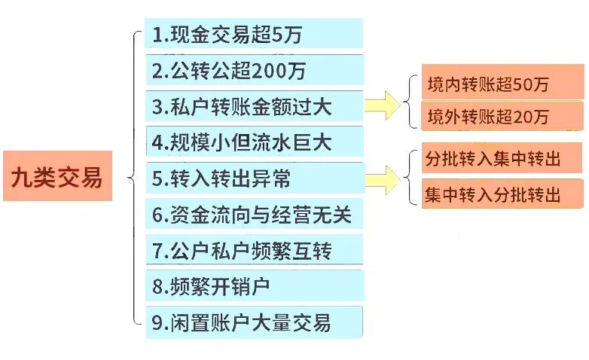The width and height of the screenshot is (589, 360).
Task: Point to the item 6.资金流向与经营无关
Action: pos(253,215)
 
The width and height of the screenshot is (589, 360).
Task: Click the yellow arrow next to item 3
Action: pos(383,105)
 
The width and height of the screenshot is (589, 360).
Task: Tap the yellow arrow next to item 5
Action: pos(383,178)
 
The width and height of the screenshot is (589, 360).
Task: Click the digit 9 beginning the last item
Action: pos(157,324)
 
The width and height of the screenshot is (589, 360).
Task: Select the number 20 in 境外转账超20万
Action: pos(524,118)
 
